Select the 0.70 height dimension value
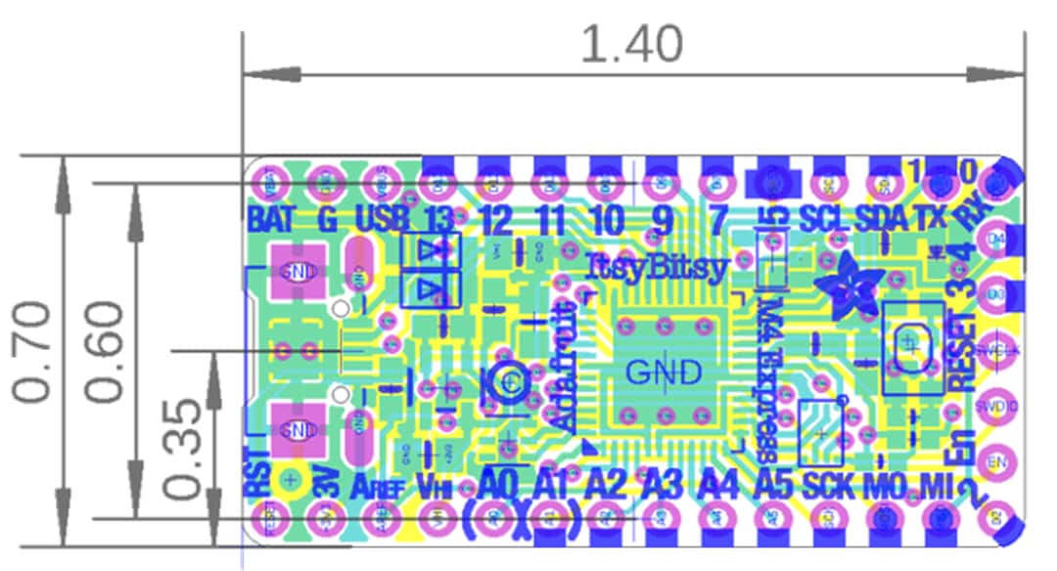[31, 352]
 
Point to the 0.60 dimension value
[104, 352]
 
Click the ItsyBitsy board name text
[657, 266]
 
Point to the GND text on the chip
[664, 373]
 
